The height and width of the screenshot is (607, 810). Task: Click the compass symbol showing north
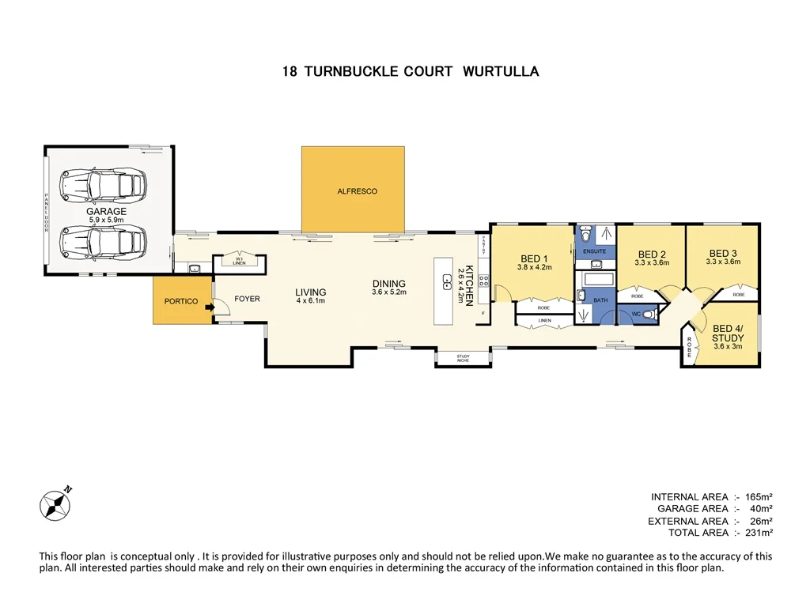pos(55,503)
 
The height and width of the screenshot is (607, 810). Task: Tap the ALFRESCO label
pos(357,191)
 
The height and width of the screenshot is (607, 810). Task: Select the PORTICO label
pos(181,301)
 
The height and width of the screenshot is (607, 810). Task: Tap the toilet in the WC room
pos(648,315)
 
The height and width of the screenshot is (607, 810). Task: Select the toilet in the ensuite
pos(585,235)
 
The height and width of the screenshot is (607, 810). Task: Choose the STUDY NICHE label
pos(463,359)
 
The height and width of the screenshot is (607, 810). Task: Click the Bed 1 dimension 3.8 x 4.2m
pos(534,267)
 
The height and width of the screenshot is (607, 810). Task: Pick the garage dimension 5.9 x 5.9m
pos(107,221)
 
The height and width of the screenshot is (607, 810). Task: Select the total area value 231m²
pos(759,533)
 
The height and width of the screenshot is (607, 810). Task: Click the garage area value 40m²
pos(760,508)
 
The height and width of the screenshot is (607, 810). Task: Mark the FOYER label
pos(247,300)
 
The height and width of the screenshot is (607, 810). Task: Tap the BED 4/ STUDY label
pos(728,334)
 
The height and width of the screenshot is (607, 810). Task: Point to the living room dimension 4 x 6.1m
pos(311,301)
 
